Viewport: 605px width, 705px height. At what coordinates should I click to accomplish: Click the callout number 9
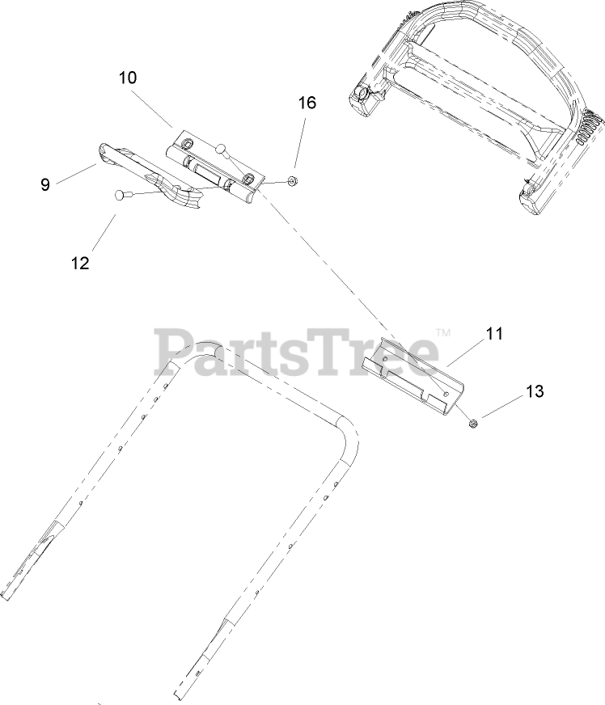coord(45,184)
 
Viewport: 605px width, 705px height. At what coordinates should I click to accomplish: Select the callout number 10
coord(127,78)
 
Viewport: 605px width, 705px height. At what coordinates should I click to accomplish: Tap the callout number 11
coord(493,332)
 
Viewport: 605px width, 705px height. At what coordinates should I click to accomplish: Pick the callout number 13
coord(535,391)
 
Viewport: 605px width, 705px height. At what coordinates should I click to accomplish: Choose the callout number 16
coord(307,103)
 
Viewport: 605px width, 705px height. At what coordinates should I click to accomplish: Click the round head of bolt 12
coord(121,194)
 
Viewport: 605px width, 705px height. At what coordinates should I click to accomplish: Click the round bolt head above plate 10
coord(222,149)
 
